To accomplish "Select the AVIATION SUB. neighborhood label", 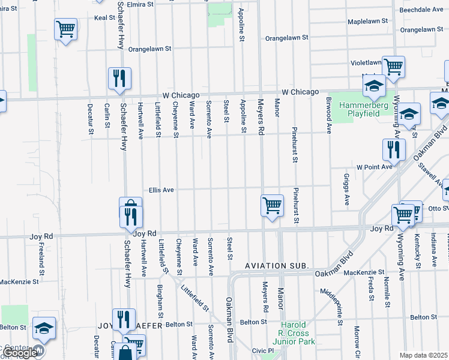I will click(x=277, y=265).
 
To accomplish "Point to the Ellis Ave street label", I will click(x=162, y=190).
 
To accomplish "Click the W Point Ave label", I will click(x=374, y=167).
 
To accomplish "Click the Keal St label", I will click(x=104, y=18).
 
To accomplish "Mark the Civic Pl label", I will click(x=262, y=350).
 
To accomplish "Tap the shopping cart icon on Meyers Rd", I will click(x=272, y=205).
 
